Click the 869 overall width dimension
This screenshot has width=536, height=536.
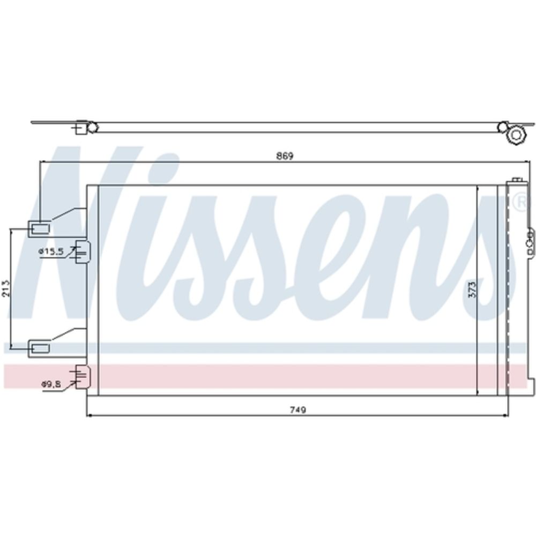[x=285, y=156]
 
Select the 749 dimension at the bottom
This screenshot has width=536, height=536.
[x=297, y=410]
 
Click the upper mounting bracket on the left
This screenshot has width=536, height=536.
[x=40, y=228]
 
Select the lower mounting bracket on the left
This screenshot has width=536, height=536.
[x=40, y=348]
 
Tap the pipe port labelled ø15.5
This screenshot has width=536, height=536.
[x=82, y=251]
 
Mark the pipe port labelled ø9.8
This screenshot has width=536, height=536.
[x=82, y=376]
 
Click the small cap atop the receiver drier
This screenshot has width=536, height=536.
[x=517, y=181]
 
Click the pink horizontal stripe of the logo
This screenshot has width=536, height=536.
[x=268, y=376]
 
